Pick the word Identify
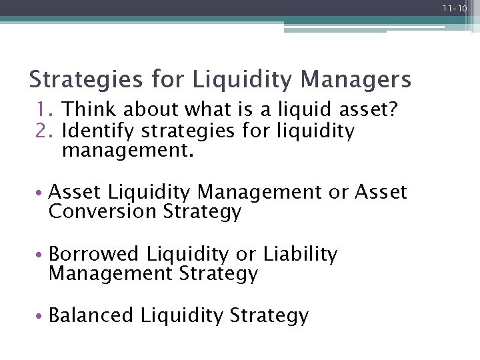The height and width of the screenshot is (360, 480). (x=98, y=131)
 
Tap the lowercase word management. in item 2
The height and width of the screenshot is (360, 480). (x=127, y=151)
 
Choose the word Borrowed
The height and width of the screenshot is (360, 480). (x=94, y=254)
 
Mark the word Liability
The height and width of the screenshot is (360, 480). (x=301, y=254)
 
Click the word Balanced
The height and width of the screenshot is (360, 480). (x=91, y=315)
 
